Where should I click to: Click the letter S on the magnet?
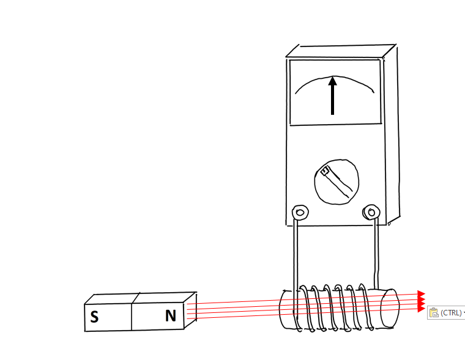click(x=94, y=317)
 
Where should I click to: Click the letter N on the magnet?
click(x=171, y=315)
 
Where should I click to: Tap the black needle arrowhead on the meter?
click(x=332, y=81)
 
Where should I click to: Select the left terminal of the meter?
click(x=300, y=213)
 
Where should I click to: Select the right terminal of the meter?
click(x=371, y=212)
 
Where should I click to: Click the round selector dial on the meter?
click(x=337, y=182)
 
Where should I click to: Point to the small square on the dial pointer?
click(x=325, y=171)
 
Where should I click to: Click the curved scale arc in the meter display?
click(x=334, y=84)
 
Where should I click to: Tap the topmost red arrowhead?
click(x=421, y=294)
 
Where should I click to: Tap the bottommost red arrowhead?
click(x=421, y=309)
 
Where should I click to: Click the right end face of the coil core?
click(x=389, y=308)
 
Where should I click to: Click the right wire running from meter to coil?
click(x=376, y=253)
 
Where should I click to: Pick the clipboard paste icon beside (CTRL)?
click(x=434, y=312)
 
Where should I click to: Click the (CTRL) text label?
click(x=451, y=312)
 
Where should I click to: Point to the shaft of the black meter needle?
click(x=332, y=100)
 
